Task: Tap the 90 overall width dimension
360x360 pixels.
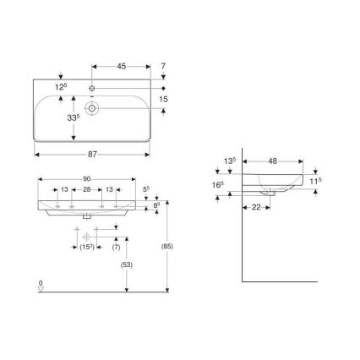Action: [87, 178]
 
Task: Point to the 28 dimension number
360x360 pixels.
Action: [87, 190]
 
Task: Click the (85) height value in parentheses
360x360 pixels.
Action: [170, 248]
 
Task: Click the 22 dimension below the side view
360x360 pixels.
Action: [254, 210]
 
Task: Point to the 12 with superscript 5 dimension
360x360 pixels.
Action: [61, 88]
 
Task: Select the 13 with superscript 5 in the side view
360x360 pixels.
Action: [229, 160]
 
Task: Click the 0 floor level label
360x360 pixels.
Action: [40, 281]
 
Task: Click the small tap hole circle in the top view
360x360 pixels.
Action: [93, 89]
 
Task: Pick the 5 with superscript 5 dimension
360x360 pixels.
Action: [146, 190]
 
